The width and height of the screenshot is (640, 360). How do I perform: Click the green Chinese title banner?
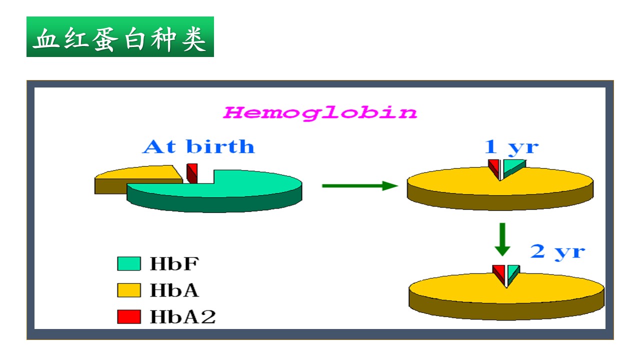(120, 36)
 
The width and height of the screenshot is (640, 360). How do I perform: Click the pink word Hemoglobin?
(320, 113)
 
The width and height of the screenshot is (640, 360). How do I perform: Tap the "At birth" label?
(198, 147)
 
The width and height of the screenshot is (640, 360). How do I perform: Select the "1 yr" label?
(511, 148)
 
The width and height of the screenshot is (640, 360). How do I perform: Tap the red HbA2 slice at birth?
(192, 173)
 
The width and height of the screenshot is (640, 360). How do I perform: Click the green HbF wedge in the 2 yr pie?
(513, 272)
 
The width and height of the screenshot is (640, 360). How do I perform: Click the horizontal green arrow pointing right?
(360, 185)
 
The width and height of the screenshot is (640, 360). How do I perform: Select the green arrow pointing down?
(502, 239)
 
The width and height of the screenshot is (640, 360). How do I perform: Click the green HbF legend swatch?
(129, 263)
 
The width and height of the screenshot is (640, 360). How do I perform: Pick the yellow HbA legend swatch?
(129, 290)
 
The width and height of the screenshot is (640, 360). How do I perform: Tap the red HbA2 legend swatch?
(129, 317)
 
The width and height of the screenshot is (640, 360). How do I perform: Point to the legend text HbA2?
(183, 317)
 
